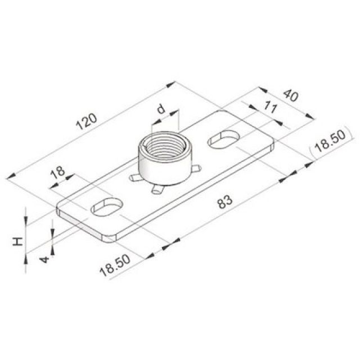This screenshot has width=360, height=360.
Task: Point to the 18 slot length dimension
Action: click(56, 172)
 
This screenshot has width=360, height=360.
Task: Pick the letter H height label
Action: click(19, 241)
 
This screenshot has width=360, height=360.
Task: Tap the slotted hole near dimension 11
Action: click(224, 139)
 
